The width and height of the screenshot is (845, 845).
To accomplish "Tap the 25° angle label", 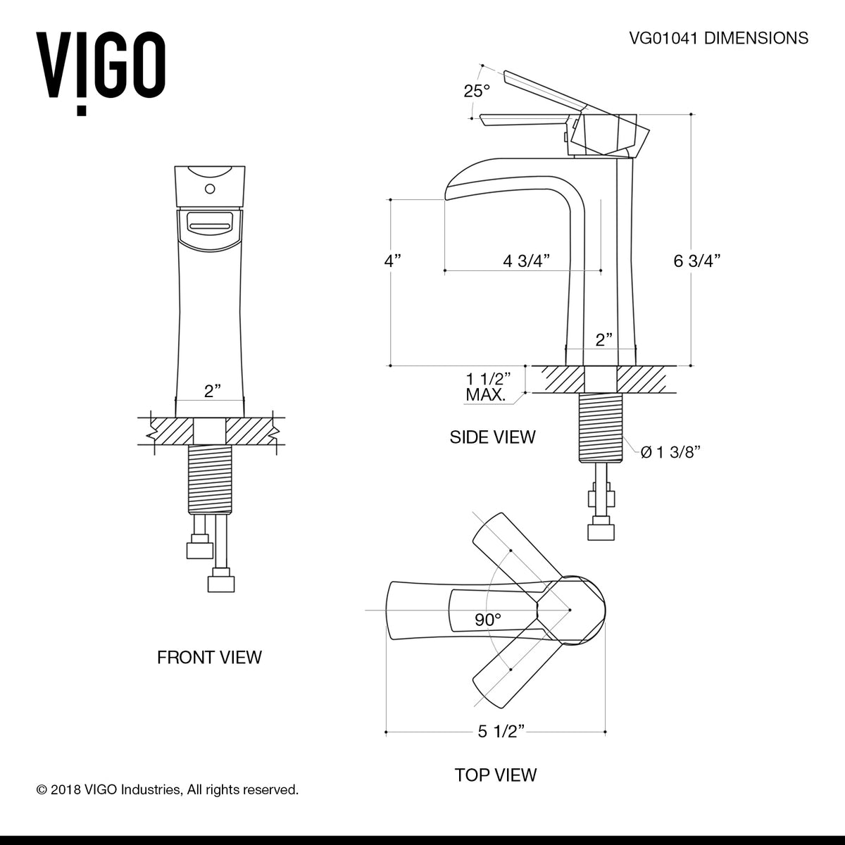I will (x=476, y=91).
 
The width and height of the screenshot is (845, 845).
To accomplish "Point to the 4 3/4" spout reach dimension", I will (x=526, y=261).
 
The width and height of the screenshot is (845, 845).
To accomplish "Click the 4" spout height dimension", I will (x=392, y=261).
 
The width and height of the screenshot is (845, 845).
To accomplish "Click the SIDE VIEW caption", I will (x=492, y=437).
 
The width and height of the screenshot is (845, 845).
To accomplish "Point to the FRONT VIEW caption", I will (x=209, y=658).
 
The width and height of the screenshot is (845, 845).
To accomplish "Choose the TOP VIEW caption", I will (x=496, y=775).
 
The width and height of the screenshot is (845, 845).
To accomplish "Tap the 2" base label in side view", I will (x=604, y=340).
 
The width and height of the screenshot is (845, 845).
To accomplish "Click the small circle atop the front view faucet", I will (x=209, y=189).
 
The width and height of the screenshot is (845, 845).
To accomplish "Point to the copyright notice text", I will (x=168, y=790).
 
